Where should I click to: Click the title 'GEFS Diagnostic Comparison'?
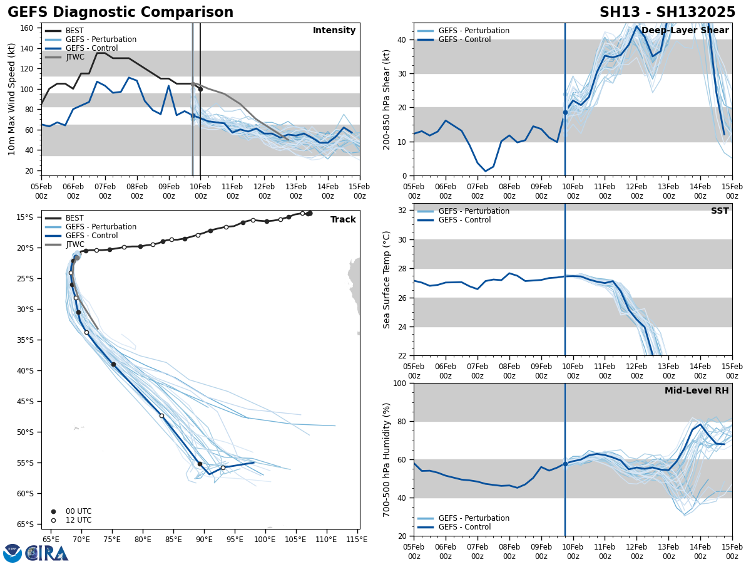pos(120,13)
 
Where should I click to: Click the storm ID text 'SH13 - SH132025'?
pos(667,13)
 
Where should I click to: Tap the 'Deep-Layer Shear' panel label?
pos(685,31)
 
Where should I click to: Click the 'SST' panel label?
pos(719,211)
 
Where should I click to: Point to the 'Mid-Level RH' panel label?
pos(696,391)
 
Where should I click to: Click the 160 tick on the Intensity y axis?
pos(27,28)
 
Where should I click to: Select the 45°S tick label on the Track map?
pos(24,402)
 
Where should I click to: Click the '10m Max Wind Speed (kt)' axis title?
pos(12,99)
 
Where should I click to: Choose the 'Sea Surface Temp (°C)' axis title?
pos(387,279)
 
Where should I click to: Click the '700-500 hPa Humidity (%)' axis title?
pos(387,459)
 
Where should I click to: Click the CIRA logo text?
pos(46,553)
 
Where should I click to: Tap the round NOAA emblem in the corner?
pos(12,553)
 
